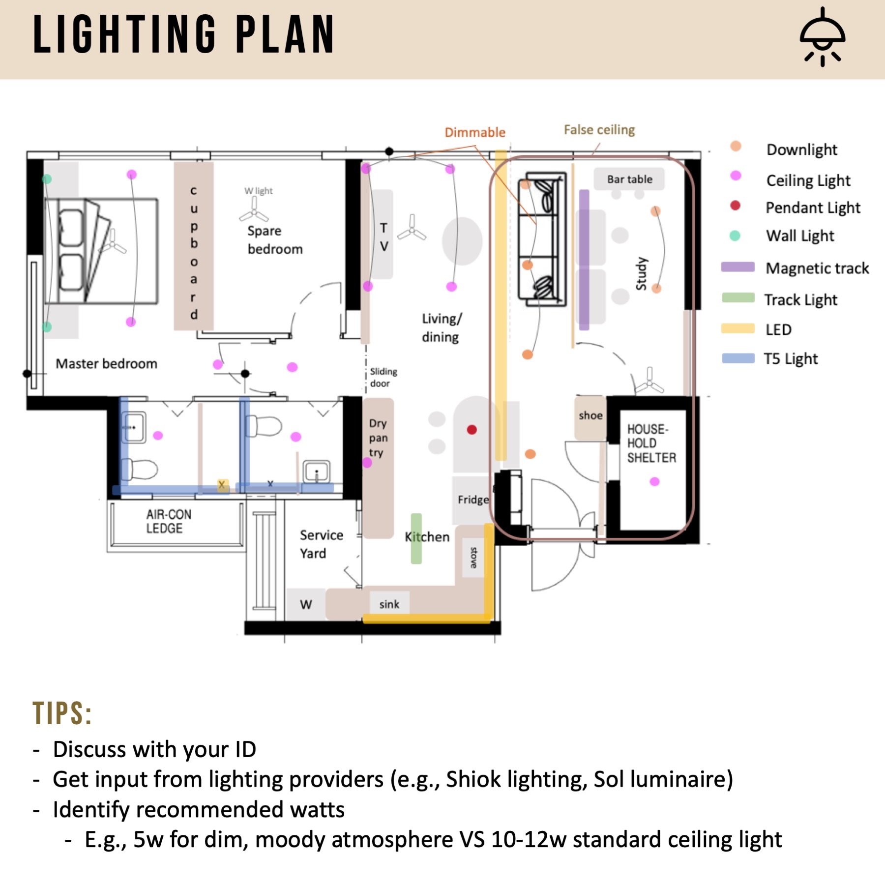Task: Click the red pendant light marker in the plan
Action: [x=472, y=430]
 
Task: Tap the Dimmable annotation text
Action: [x=474, y=132]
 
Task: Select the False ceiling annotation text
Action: [x=599, y=130]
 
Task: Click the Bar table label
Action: [x=629, y=179]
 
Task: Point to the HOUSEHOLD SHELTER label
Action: [x=650, y=443]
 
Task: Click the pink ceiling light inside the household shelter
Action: [x=654, y=481]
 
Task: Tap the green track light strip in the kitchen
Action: [x=416, y=538]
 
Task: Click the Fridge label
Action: [x=473, y=500]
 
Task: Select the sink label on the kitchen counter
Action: [x=389, y=604]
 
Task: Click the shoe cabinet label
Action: [x=590, y=415]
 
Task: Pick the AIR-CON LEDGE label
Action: [x=168, y=521]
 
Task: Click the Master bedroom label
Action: [x=106, y=364]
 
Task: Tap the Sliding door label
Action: [x=383, y=377]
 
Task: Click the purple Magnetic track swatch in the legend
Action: [x=737, y=267]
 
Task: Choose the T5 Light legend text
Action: [x=790, y=359]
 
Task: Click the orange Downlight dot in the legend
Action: [x=736, y=146]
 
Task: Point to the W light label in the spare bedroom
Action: [x=259, y=191]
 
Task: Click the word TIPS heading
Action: [x=62, y=713]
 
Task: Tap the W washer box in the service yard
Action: [x=306, y=604]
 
